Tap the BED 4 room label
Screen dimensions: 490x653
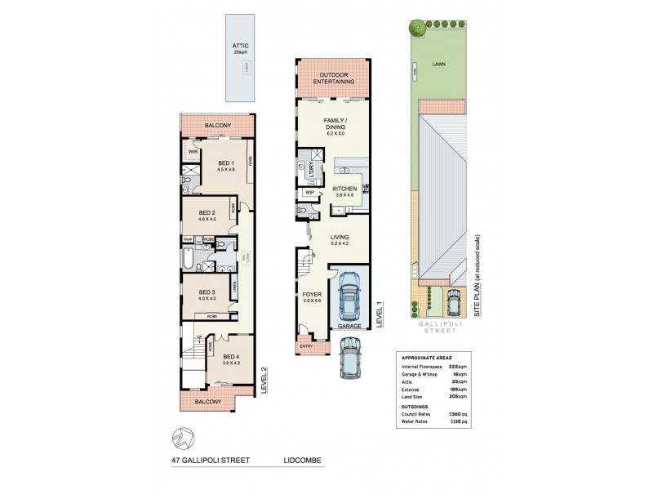(x=231, y=355)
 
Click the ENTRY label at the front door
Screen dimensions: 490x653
(x=307, y=346)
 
